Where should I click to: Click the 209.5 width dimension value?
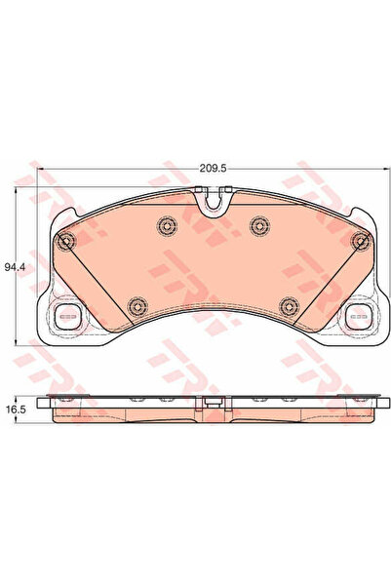coord(214,169)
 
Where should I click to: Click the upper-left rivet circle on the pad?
coord(167,225)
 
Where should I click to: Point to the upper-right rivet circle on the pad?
coord(260,225)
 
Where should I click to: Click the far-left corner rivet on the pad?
coord(66,241)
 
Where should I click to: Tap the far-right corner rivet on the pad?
coord(361,241)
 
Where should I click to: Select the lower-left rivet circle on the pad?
coord(137,307)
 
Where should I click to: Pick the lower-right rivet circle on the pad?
coord(290,307)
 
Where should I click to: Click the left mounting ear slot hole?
coord(67,317)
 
